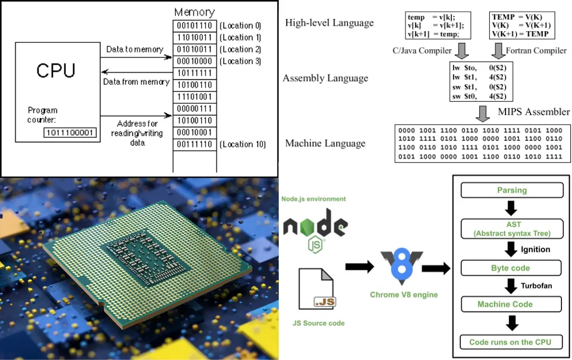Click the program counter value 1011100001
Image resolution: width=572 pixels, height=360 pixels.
click(x=70, y=133)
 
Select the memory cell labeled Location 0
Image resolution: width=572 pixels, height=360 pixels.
click(x=194, y=26)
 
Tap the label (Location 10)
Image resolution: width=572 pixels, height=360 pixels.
click(x=242, y=145)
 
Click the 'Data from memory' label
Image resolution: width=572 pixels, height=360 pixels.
click(x=136, y=82)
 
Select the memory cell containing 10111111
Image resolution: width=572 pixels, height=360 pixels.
click(x=194, y=73)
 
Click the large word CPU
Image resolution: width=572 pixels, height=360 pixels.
click(x=56, y=70)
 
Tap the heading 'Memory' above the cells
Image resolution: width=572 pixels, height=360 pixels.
click(x=194, y=12)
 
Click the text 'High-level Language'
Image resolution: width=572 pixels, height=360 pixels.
click(x=329, y=23)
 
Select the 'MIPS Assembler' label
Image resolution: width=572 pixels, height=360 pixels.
click(x=533, y=112)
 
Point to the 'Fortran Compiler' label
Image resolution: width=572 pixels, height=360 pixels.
click(x=536, y=51)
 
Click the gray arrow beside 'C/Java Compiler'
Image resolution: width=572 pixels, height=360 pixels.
click(x=462, y=51)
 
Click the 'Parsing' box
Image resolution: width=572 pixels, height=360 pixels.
click(x=511, y=190)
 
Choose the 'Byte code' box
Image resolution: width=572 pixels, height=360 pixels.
click(x=511, y=268)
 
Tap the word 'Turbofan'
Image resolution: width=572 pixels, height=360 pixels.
click(x=536, y=286)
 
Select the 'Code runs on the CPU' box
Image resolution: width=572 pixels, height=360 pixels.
click(x=511, y=342)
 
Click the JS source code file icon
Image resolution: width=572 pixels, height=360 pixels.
click(x=317, y=289)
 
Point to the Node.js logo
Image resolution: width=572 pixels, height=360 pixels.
click(x=315, y=227)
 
